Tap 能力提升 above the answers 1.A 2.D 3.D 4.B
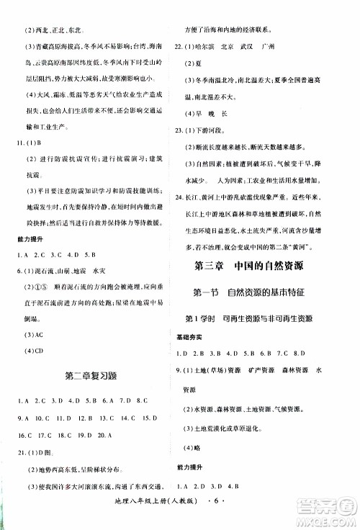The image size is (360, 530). (191, 465)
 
